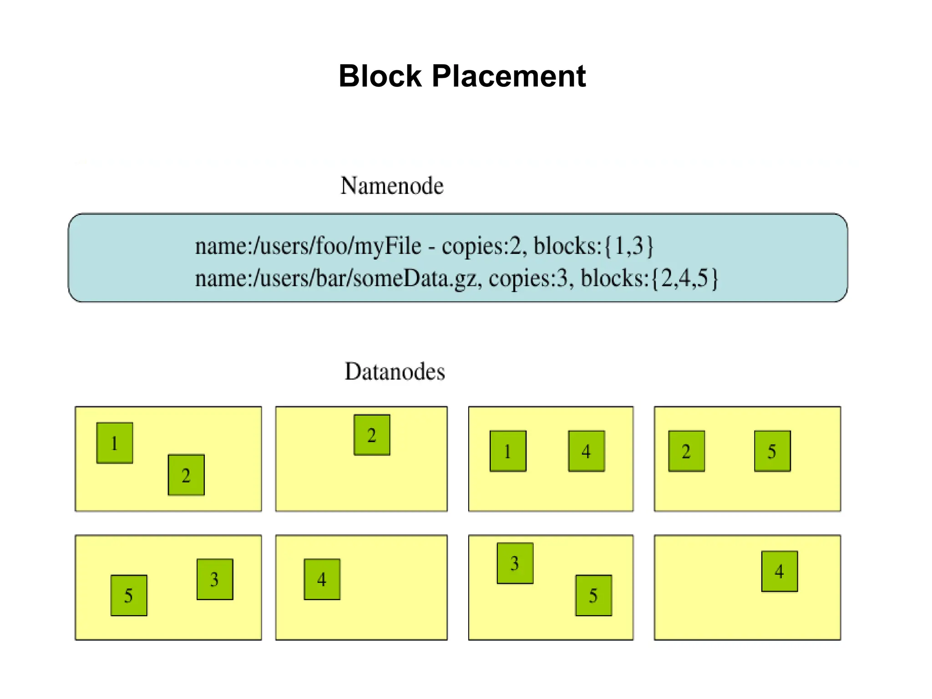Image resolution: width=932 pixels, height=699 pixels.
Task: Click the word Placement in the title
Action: click(508, 76)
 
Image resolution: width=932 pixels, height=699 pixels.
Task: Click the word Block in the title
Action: click(380, 76)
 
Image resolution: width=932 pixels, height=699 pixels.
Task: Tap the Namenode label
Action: click(392, 186)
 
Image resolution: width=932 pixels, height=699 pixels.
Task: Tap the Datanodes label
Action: click(395, 371)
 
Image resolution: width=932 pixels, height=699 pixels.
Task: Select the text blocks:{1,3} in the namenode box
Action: click(593, 246)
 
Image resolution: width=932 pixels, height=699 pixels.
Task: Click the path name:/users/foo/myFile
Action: click(308, 246)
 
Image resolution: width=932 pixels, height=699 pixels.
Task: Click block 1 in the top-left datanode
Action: click(115, 443)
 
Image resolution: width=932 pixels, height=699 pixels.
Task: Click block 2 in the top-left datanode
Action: click(186, 475)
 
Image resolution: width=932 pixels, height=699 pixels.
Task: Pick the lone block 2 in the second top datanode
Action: click(372, 435)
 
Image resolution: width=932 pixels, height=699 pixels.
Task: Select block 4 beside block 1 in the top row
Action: click(586, 451)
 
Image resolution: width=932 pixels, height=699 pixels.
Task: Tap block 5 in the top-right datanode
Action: click(772, 451)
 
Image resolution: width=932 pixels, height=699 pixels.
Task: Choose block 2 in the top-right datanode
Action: click(686, 451)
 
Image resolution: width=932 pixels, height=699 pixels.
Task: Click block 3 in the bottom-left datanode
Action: click(215, 579)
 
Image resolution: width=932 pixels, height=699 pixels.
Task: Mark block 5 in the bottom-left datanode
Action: click(129, 595)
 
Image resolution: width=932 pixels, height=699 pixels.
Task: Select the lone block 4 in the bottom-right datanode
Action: click(780, 571)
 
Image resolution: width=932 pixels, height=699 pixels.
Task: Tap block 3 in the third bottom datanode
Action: click(515, 563)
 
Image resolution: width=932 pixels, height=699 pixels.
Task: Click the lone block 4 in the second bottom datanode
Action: click(322, 579)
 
